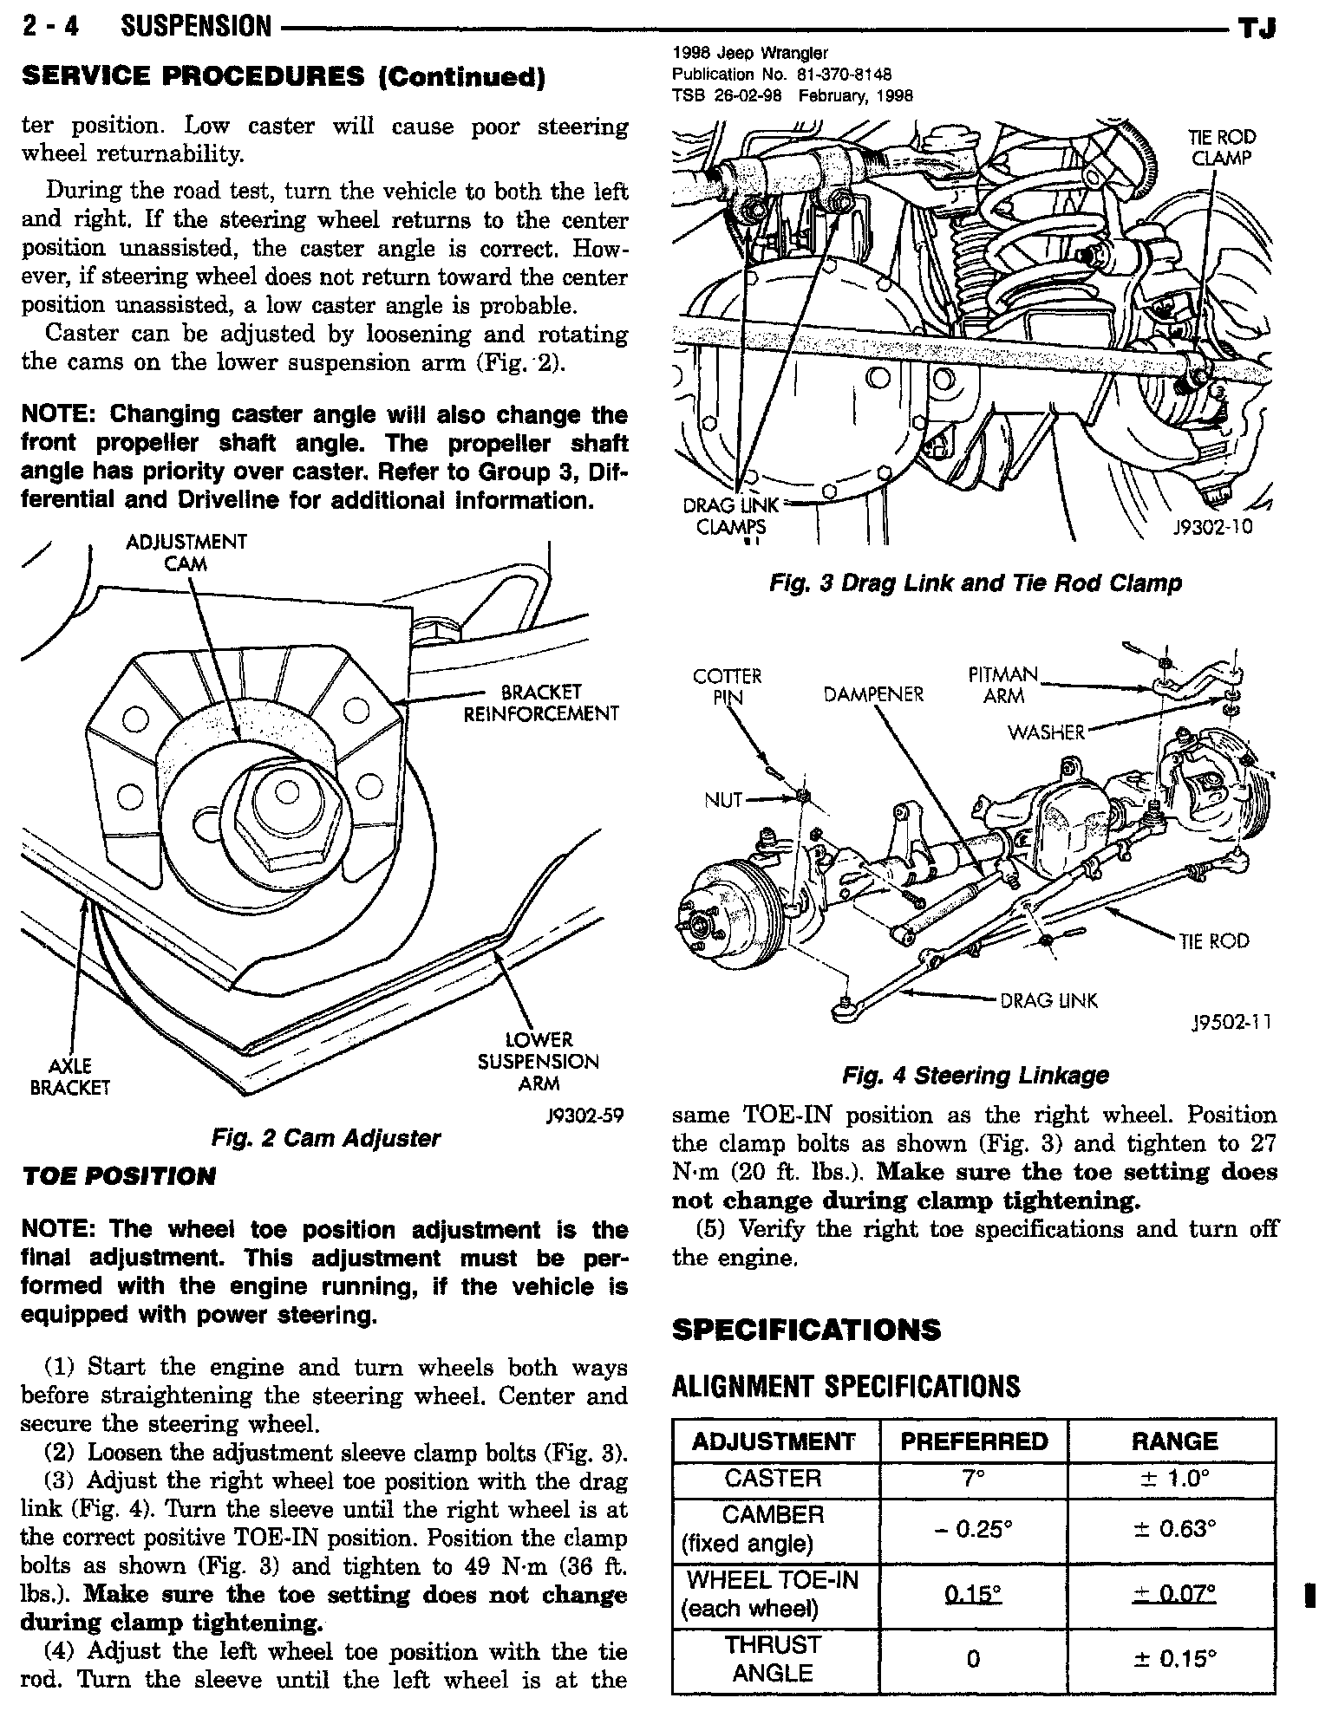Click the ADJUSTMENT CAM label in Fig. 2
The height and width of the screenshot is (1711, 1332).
click(186, 552)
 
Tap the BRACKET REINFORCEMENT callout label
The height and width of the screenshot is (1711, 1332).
click(541, 703)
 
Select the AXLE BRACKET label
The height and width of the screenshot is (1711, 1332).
click(69, 1076)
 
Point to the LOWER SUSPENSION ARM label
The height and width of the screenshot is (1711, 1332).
click(538, 1061)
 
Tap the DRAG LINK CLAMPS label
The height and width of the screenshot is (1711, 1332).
click(732, 516)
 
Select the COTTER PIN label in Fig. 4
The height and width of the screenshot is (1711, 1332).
click(728, 686)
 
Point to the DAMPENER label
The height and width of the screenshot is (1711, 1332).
click(873, 694)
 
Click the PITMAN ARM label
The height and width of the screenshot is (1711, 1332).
click(1003, 685)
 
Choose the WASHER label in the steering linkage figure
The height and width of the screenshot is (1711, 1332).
click(1046, 732)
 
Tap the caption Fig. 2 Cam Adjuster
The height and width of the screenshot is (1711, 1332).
click(325, 1138)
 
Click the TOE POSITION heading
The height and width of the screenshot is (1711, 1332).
click(118, 1176)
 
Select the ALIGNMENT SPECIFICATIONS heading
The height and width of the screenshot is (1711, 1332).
click(846, 1387)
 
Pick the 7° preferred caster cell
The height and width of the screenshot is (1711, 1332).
click(973, 1479)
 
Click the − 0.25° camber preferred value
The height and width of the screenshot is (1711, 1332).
click(973, 1529)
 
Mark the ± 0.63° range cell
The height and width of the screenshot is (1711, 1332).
click(1174, 1529)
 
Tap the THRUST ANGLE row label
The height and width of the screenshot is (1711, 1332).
click(773, 1659)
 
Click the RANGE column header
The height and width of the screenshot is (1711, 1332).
click(1174, 1441)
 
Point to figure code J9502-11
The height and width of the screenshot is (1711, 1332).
click(1231, 1023)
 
